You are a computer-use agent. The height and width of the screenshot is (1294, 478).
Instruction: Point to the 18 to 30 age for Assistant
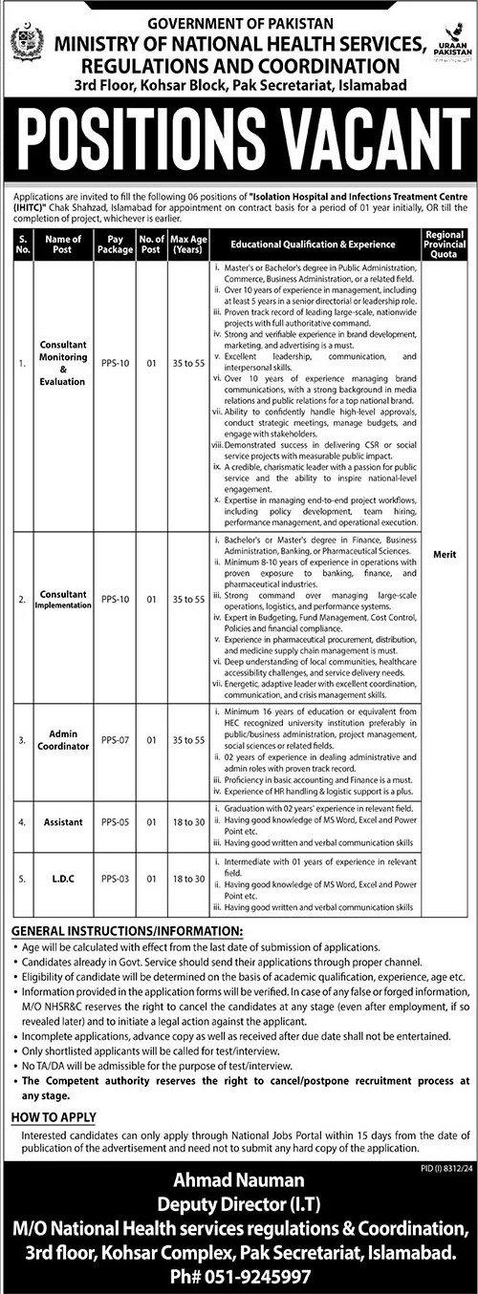(185, 821)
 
